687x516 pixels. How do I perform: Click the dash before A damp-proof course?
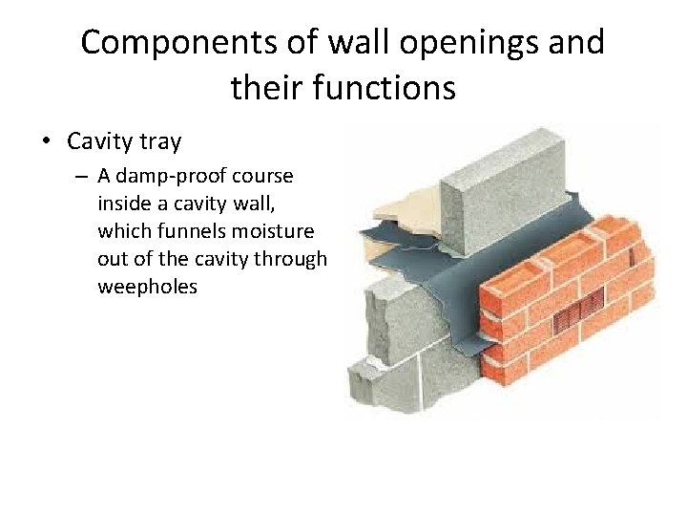pos(83,178)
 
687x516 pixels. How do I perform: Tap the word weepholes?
pos(147,287)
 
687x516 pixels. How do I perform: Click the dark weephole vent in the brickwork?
pos(581,309)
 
